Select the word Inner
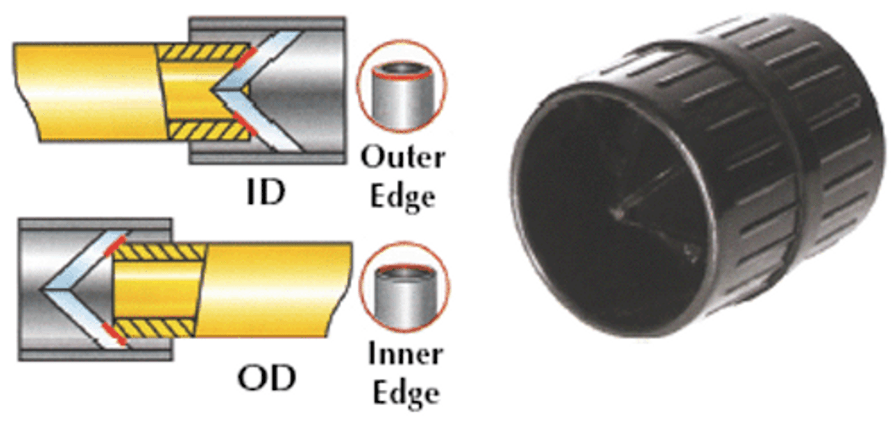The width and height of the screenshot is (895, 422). [406, 355]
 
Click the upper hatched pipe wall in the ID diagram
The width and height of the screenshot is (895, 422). [203, 52]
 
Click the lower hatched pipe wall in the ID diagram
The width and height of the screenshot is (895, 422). [203, 130]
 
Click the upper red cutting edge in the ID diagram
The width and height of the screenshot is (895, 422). [241, 57]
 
